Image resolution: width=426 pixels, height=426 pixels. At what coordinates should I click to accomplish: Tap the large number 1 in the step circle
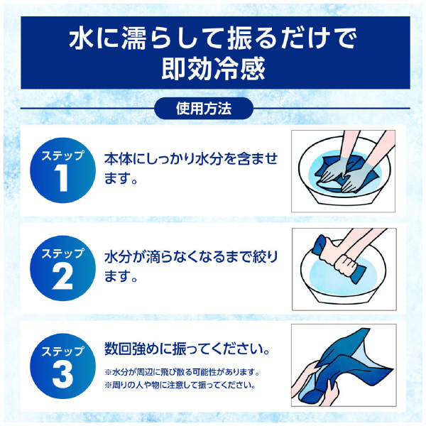[x=62, y=180]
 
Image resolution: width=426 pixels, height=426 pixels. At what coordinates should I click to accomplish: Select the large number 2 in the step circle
[x=62, y=278]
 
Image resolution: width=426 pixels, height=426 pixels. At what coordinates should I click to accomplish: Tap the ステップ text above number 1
[x=62, y=155]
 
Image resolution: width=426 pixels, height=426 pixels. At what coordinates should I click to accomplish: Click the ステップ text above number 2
[x=62, y=253]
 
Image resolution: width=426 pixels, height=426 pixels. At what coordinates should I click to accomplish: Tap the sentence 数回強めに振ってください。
[x=187, y=350]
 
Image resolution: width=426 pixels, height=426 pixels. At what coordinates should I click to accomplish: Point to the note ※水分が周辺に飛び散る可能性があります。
[x=186, y=373]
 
